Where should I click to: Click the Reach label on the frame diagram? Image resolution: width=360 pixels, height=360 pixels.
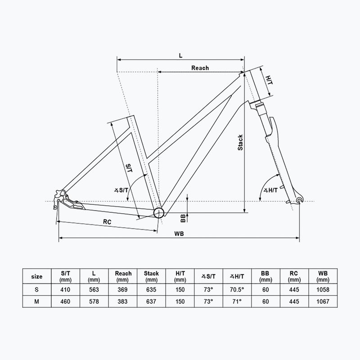pyautogui.click(x=200, y=68)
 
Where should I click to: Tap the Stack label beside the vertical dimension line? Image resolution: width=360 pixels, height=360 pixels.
pyautogui.click(x=240, y=143)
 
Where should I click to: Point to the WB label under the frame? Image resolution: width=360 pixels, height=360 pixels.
pyautogui.click(x=179, y=234)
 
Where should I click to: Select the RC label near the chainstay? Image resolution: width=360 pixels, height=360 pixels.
pyautogui.click(x=107, y=222)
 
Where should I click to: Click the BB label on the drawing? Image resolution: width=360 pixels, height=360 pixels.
pyautogui.click(x=183, y=218)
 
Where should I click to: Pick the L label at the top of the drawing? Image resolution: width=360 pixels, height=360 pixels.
pyautogui.click(x=181, y=55)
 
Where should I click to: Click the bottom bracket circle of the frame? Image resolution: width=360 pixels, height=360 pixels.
pyautogui.click(x=159, y=212)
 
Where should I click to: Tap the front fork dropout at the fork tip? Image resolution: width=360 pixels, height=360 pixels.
pyautogui.click(x=299, y=200)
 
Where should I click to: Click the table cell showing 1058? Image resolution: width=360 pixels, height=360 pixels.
pyautogui.click(x=323, y=289)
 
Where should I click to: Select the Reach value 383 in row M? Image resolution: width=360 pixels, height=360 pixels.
pyautogui.click(x=122, y=301)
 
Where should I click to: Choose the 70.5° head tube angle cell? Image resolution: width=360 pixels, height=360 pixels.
pyautogui.click(x=237, y=289)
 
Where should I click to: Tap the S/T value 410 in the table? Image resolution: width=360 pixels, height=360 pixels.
pyautogui.click(x=65, y=289)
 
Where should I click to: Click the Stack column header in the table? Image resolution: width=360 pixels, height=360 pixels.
pyautogui.click(x=151, y=276)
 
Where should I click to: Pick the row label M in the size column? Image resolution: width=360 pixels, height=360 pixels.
pyautogui.click(x=37, y=301)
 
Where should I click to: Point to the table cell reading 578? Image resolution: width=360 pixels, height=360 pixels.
pyautogui.click(x=94, y=301)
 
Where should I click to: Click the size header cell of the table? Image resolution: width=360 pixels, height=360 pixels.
pyautogui.click(x=37, y=276)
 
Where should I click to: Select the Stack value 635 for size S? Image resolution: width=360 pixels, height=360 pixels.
pyautogui.click(x=151, y=289)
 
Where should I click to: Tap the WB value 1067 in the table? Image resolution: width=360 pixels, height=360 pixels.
pyautogui.click(x=323, y=301)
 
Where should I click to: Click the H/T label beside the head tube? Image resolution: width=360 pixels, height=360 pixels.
pyautogui.click(x=269, y=80)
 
